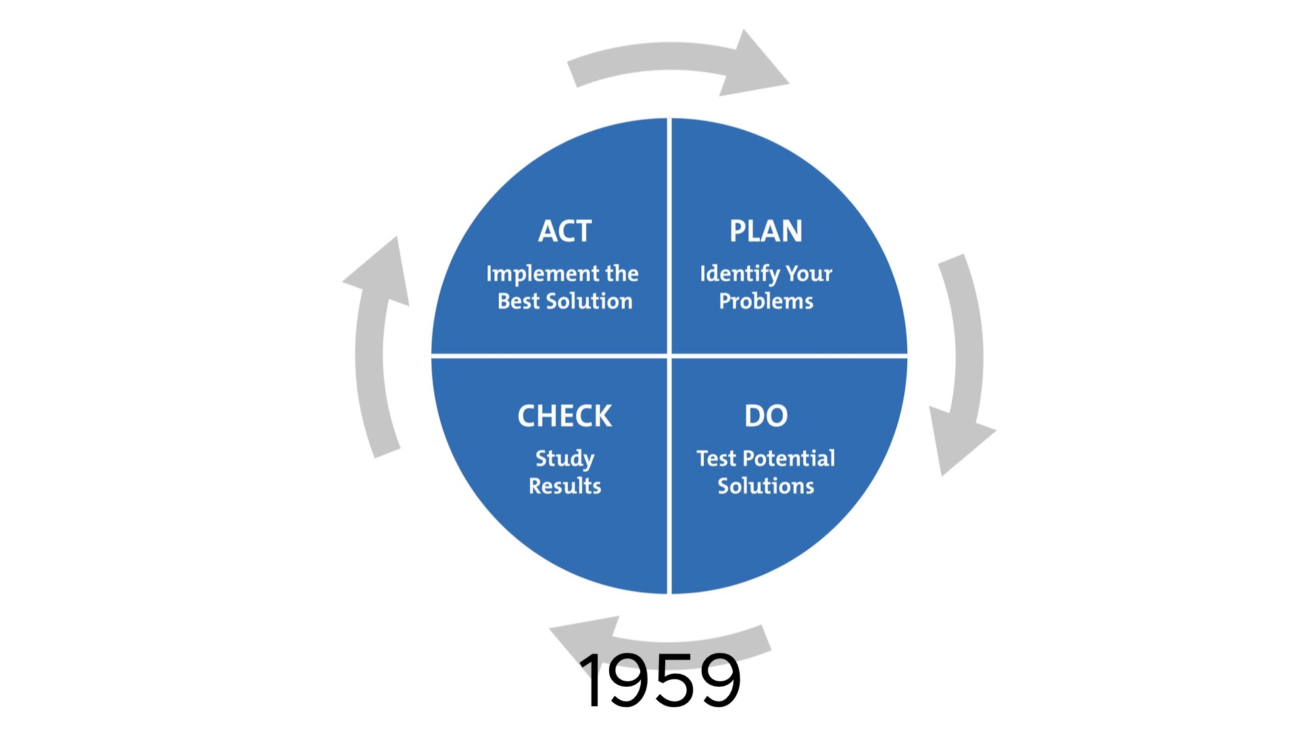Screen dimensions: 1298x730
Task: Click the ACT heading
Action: click(564, 231)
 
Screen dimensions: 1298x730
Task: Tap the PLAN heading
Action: click(766, 231)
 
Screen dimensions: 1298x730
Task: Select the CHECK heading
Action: click(564, 416)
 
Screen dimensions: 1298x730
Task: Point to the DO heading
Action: click(766, 416)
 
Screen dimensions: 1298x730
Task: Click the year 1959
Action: click(660, 680)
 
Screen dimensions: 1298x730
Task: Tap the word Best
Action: click(519, 301)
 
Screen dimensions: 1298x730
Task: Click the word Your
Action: click(809, 274)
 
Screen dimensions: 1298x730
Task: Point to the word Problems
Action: click(766, 301)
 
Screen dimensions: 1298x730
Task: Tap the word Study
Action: click(564, 459)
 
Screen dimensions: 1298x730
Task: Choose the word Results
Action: click(564, 486)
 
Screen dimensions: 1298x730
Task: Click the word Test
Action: click(716, 458)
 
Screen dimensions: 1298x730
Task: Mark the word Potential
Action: click(789, 458)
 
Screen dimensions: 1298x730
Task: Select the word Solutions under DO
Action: click(766, 486)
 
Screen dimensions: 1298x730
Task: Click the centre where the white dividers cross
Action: click(669, 355)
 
